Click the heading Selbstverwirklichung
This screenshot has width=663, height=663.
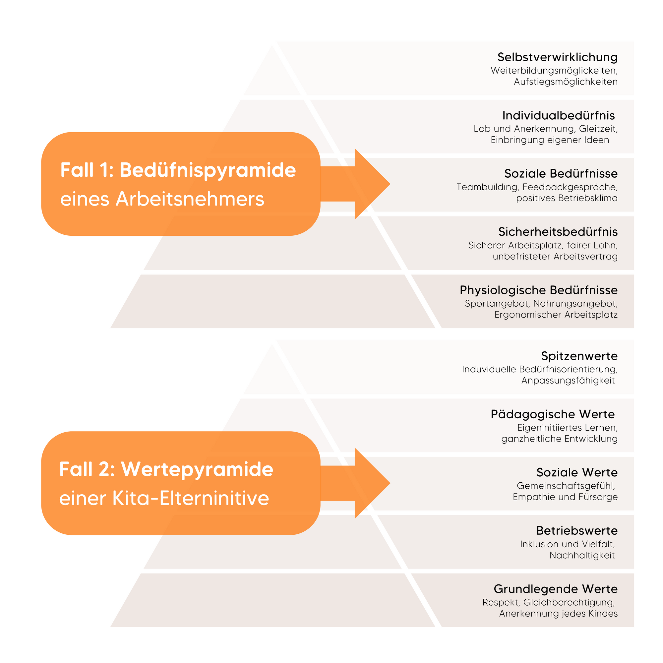click(x=557, y=57)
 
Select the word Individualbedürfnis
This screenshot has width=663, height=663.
click(x=558, y=116)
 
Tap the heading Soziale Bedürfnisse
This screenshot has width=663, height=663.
click(x=561, y=174)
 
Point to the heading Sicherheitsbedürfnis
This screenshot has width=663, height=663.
click(x=558, y=232)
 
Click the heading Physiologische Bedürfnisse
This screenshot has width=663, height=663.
click(x=538, y=290)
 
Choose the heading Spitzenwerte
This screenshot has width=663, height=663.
click(x=579, y=356)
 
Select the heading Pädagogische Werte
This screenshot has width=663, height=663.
click(x=553, y=415)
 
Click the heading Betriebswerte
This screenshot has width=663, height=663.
click(x=577, y=531)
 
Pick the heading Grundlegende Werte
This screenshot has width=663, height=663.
click(x=556, y=589)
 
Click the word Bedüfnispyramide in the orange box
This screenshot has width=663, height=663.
click(x=208, y=170)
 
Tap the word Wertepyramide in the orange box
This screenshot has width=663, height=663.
click(x=197, y=469)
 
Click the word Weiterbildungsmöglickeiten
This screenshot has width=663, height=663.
click(x=554, y=71)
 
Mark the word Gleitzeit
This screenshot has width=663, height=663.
click(x=598, y=129)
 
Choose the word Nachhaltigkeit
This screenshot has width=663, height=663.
click(x=582, y=556)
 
